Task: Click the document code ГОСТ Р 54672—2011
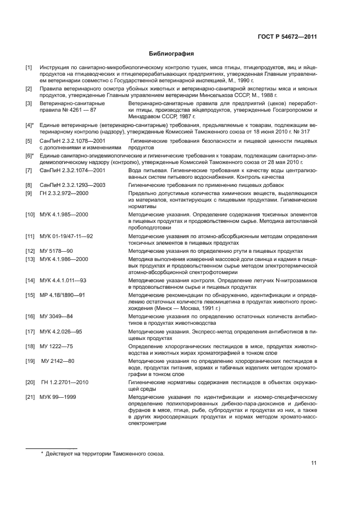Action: coord(288,37)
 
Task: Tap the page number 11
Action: coord(314,463)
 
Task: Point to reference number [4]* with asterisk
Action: coord(30,125)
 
